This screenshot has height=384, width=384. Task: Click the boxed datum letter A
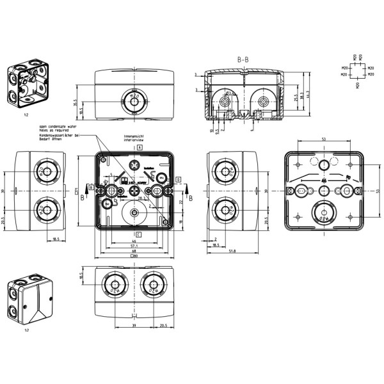coord(139,147)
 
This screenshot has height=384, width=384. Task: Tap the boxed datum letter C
coord(138,235)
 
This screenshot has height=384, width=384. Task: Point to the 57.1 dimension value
coord(134,246)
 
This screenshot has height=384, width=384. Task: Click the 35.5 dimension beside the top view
coord(76,102)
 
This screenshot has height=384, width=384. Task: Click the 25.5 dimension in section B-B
coord(296,99)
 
